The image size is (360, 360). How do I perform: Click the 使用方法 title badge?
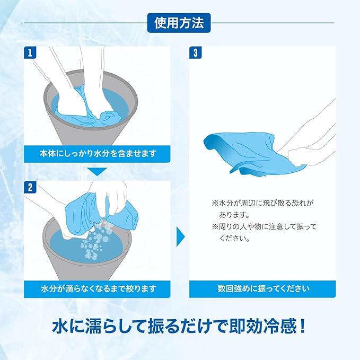point(179,23)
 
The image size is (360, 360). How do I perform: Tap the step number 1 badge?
point(30,52)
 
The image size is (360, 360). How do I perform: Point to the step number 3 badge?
point(196,52)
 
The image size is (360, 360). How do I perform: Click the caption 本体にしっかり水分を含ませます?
point(98,153)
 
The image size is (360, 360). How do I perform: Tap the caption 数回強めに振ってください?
point(263,288)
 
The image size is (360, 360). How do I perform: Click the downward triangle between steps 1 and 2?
point(98,171)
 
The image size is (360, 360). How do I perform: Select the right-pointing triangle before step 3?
point(180,236)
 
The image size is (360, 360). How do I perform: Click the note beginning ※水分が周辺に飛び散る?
point(262,209)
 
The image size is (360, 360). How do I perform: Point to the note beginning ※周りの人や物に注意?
point(264,233)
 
